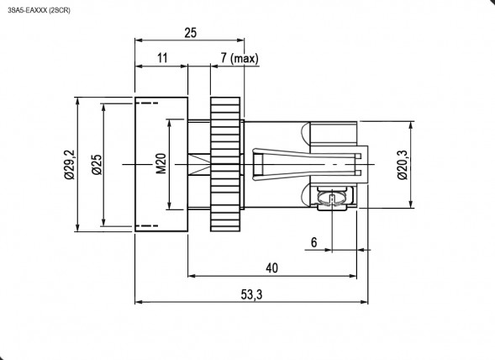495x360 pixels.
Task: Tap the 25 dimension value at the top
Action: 190,33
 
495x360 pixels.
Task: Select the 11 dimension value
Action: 162,58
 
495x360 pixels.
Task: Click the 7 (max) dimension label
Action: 239,58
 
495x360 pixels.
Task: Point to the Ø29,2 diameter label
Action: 68,164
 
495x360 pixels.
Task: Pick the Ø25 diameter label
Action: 97,164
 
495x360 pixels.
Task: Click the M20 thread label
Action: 161,164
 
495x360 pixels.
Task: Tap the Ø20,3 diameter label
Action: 401,164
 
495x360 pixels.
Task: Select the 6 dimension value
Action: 313,242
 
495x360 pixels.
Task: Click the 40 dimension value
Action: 271,267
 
